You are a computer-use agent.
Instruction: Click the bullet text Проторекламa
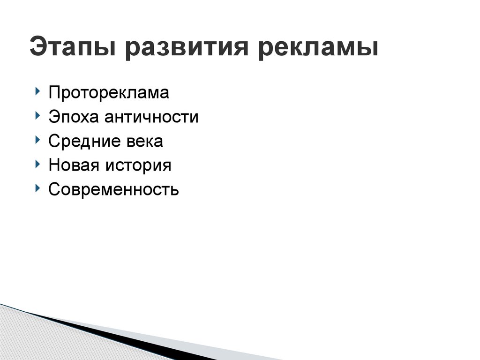point(108,93)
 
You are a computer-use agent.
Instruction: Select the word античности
point(151,117)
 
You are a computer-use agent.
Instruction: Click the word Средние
point(79,141)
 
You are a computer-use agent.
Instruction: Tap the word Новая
point(70,165)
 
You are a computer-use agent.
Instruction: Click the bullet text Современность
point(113,190)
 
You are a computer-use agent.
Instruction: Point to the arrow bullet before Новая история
point(37,164)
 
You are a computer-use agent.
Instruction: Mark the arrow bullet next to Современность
point(37,188)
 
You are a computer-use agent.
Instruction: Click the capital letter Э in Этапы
point(37,48)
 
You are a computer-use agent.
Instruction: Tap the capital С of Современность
point(53,190)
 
